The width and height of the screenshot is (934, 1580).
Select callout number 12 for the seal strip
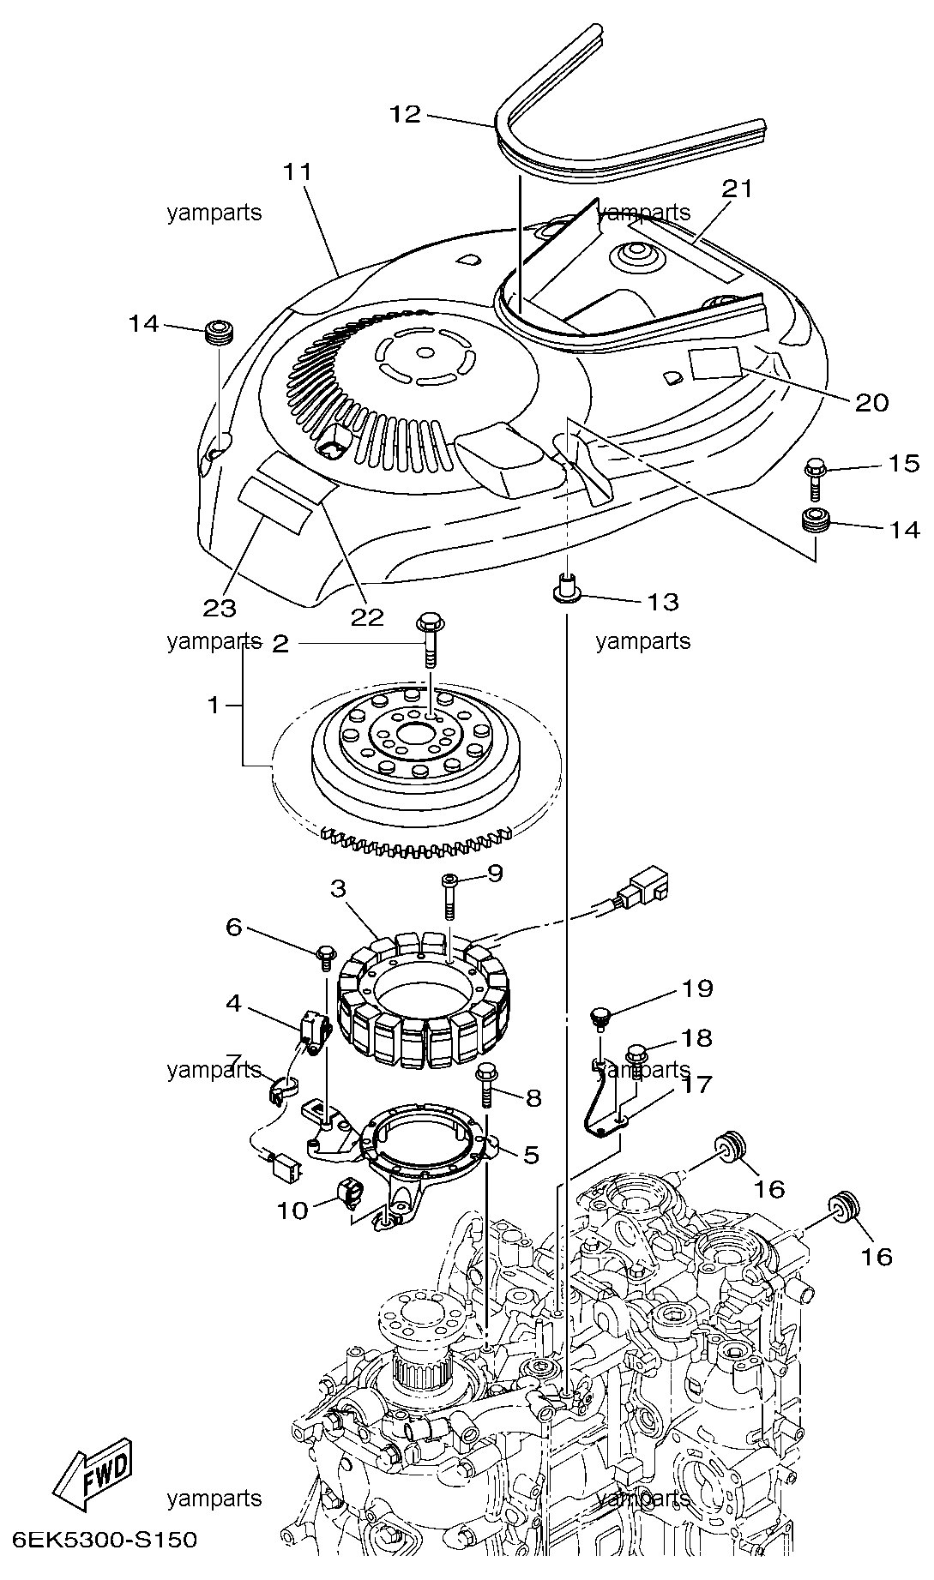coord(405,114)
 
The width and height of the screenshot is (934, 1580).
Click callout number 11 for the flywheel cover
coord(298,171)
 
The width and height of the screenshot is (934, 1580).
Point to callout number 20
coord(871,402)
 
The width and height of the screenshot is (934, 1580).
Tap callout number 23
coord(219,608)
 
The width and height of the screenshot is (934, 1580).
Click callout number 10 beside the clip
coord(292,1211)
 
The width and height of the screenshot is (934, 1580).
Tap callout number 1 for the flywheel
coord(214,706)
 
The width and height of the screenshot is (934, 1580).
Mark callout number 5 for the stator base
coord(531,1155)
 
